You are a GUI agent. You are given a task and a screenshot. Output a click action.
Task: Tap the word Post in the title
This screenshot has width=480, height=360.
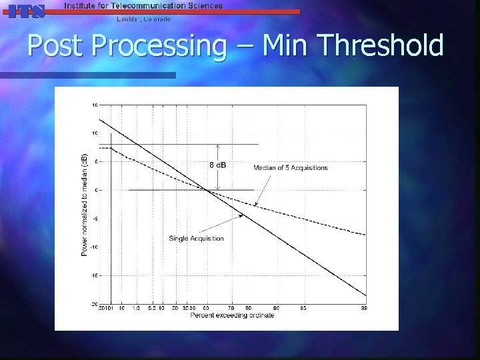point(57,46)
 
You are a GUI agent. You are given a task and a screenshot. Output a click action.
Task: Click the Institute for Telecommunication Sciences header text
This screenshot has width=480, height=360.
point(143,5)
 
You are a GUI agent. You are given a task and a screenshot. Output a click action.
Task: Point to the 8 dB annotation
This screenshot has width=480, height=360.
point(218,165)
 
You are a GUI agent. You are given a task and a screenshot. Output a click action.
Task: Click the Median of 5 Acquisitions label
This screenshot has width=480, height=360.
point(290,168)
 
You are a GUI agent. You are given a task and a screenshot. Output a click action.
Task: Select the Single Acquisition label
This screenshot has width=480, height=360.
point(196,238)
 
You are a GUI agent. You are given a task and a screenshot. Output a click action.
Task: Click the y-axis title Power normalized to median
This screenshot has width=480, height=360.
point(85,204)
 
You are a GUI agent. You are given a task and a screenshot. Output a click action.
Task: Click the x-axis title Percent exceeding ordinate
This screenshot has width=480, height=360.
point(231,315)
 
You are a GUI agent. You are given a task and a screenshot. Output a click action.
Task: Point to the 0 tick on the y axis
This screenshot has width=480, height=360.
point(97,191)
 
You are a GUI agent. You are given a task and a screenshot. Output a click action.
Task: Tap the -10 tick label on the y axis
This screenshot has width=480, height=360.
point(95,247)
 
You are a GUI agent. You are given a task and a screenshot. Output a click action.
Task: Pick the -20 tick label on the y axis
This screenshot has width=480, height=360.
point(95,304)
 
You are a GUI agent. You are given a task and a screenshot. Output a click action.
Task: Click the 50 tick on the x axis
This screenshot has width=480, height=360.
point(207,308)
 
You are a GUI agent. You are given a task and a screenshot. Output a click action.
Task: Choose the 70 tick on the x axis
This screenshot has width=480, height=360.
point(231,308)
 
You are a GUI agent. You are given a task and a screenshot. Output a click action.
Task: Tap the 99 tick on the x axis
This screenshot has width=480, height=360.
point(365,308)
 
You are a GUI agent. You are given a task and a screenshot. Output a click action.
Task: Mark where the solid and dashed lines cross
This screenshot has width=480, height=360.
point(208,191)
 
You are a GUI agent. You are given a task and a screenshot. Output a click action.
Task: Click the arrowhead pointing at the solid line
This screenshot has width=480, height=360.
point(242,215)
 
